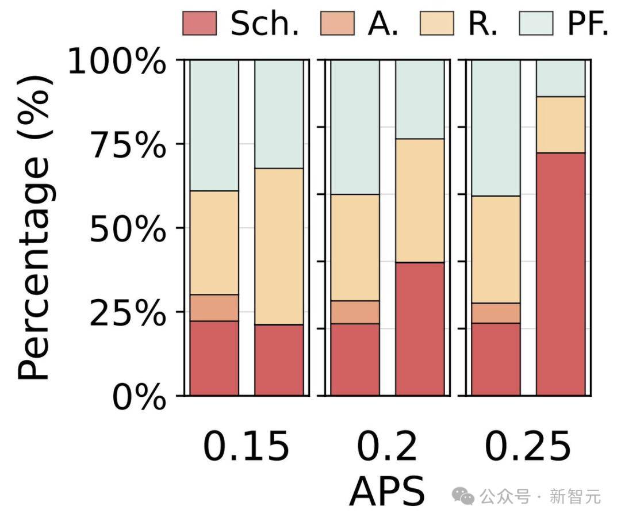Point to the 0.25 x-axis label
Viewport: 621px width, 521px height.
pyautogui.click(x=528, y=448)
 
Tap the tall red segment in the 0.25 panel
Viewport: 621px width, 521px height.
pyautogui.click(x=561, y=274)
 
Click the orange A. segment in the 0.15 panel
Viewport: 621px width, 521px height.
pyautogui.click(x=214, y=308)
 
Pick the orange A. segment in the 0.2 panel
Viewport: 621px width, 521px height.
pyautogui.click(x=355, y=312)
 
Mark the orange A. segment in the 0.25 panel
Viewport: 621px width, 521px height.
pyautogui.click(x=496, y=313)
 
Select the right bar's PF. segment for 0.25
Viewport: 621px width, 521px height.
pyautogui.click(x=561, y=78)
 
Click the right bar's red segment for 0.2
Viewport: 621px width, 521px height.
pyautogui.click(x=420, y=329)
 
